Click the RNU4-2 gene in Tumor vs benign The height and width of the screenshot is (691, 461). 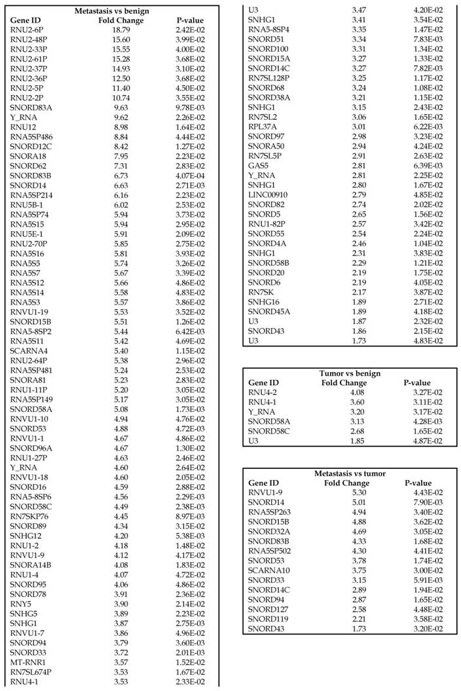[x=264, y=392]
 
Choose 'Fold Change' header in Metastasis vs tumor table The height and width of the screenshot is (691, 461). [x=347, y=483]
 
